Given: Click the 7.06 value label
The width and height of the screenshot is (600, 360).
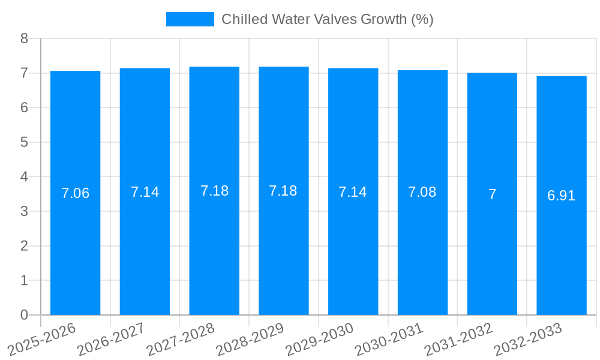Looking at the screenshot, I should pyautogui.click(x=75, y=193).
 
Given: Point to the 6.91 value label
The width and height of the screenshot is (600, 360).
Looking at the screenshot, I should pyautogui.click(x=561, y=196).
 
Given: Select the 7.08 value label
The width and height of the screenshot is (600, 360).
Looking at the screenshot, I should pyautogui.click(x=422, y=192).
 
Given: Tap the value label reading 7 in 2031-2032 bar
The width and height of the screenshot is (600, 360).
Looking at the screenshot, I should pyautogui.click(x=492, y=194).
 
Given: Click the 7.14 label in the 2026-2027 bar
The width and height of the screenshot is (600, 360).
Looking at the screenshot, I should pyautogui.click(x=145, y=192).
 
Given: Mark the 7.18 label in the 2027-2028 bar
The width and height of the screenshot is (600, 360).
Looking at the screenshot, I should pyautogui.click(x=214, y=191).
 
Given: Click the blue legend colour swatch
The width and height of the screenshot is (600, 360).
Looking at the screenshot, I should pyautogui.click(x=190, y=19).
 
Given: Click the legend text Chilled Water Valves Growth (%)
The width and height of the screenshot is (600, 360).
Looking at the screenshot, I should pyautogui.click(x=327, y=19).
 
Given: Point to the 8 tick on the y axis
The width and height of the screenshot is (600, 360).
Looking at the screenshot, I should pyautogui.click(x=25, y=38).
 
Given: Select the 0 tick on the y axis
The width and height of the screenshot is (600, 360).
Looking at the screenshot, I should pyautogui.click(x=25, y=315).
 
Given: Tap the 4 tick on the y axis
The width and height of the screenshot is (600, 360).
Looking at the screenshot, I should pyautogui.click(x=25, y=177).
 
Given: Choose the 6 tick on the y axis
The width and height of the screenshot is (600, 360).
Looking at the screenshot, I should pyautogui.click(x=25, y=108).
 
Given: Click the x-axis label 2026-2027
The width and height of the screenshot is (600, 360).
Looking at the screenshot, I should pyautogui.click(x=111, y=338).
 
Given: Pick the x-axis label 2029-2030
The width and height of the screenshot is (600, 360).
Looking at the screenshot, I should pyautogui.click(x=319, y=338).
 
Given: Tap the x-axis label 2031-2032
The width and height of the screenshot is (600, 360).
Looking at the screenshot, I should pyautogui.click(x=458, y=338).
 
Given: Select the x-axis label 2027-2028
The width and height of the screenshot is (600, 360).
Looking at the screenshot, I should pyautogui.click(x=181, y=338).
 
